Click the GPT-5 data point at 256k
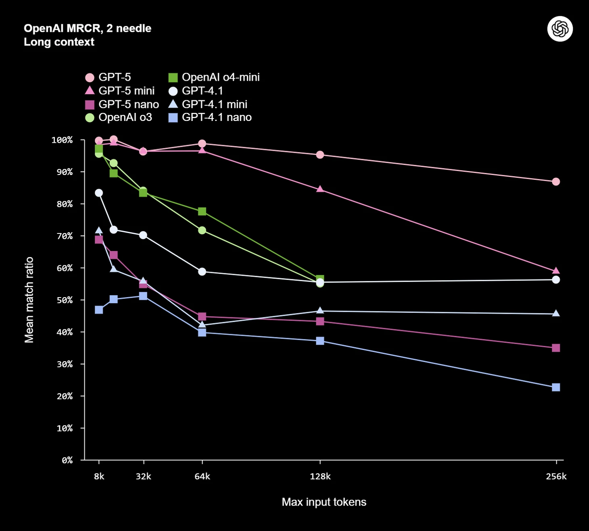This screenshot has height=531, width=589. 556,182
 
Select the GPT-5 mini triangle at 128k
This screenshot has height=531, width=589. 320,189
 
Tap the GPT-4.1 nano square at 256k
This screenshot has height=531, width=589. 556,387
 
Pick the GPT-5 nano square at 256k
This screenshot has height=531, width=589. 556,348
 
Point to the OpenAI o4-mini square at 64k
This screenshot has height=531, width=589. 202,212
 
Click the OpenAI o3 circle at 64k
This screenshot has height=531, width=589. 202,230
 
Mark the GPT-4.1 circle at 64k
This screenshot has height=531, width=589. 202,272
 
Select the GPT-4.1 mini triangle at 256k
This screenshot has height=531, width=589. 556,313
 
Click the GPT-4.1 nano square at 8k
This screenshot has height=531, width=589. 99,310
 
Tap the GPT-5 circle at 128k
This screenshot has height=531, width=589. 320,155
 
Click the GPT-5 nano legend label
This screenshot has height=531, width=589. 128,104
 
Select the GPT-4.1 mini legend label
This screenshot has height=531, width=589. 214,104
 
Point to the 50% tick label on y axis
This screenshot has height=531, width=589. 65,300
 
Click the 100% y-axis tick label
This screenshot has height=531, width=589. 62,140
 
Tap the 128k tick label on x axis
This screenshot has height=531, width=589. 320,477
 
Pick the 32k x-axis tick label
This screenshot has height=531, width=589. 143,477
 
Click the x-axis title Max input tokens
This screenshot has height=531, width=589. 324,502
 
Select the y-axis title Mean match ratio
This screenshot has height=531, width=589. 29,300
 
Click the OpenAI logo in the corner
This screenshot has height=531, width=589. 560,29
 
